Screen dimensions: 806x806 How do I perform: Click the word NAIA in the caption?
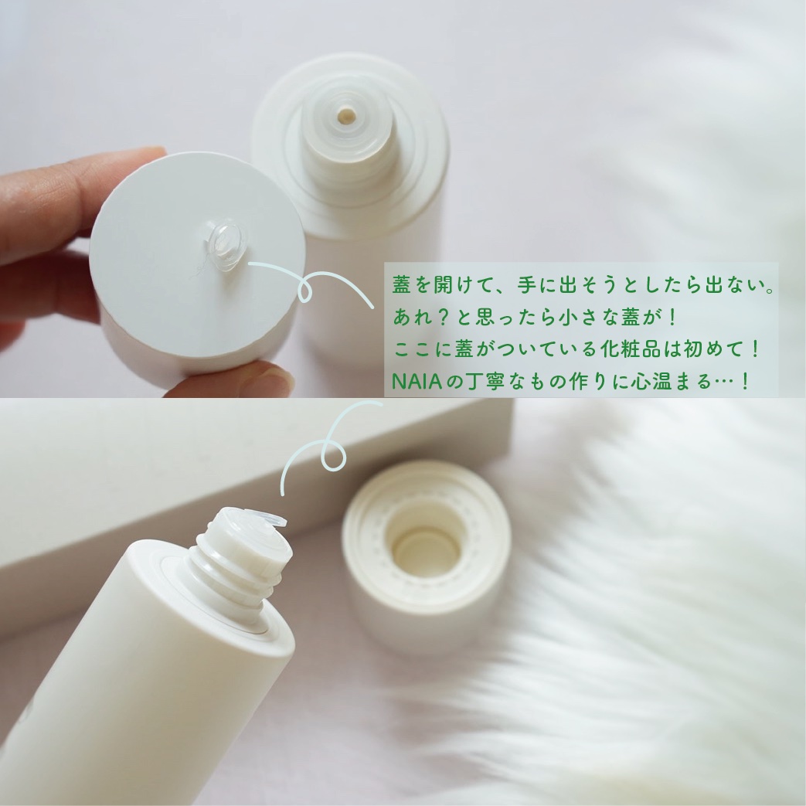(417, 381)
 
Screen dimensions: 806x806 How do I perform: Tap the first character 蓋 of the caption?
(402, 285)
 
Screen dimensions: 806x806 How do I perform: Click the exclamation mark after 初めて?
(754, 349)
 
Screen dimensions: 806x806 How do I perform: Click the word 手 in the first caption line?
(526, 285)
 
